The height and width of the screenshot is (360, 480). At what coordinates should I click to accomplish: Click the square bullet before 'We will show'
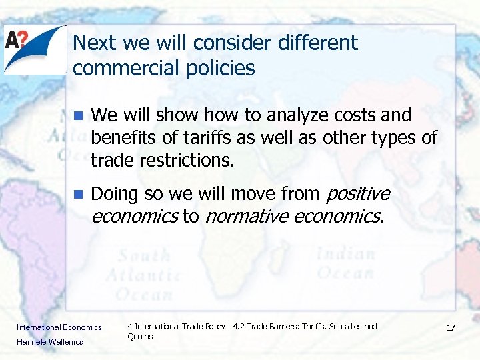[77, 115]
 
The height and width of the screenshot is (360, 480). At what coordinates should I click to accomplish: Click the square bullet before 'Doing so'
[77, 195]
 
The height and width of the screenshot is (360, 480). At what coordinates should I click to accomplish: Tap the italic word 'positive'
[357, 194]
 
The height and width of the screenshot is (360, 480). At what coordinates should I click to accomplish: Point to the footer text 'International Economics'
[59, 327]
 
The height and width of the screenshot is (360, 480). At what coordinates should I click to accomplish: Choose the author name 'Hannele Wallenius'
[51, 342]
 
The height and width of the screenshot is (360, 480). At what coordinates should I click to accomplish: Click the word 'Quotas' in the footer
[140, 337]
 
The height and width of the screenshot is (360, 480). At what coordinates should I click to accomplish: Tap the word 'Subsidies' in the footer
[345, 327]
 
